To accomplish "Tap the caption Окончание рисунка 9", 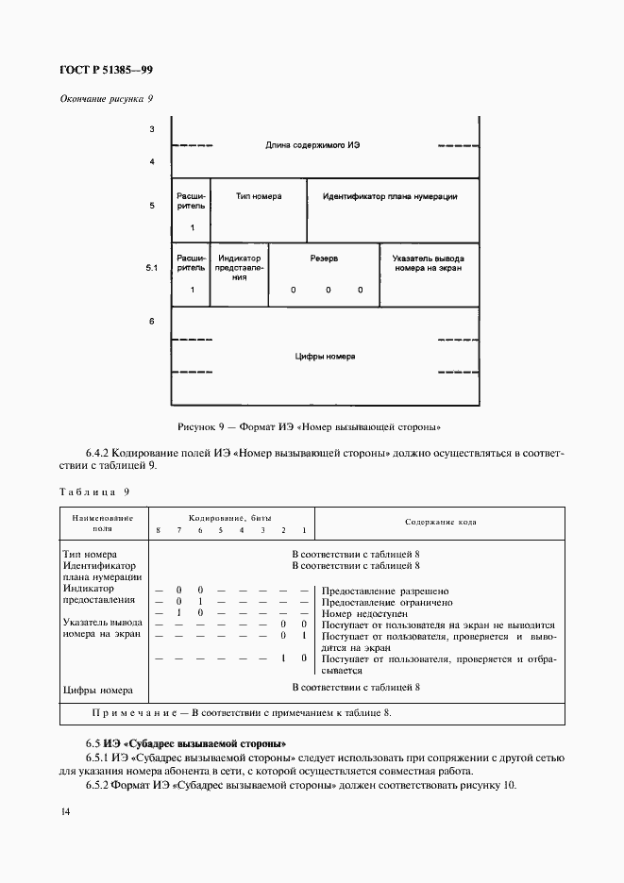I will click(x=107, y=98).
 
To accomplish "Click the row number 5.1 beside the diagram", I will click(x=151, y=269).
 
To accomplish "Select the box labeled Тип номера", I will click(x=258, y=209).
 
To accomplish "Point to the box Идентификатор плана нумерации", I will click(x=391, y=209).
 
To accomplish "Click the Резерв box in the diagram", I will click(x=324, y=274).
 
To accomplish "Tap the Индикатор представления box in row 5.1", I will click(x=240, y=274).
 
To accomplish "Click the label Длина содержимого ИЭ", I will click(x=312, y=145).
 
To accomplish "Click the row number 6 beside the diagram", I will click(x=151, y=322).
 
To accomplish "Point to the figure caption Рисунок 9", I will click(x=311, y=425).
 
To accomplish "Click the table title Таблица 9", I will click(x=93, y=491).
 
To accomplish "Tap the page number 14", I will click(x=65, y=812).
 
